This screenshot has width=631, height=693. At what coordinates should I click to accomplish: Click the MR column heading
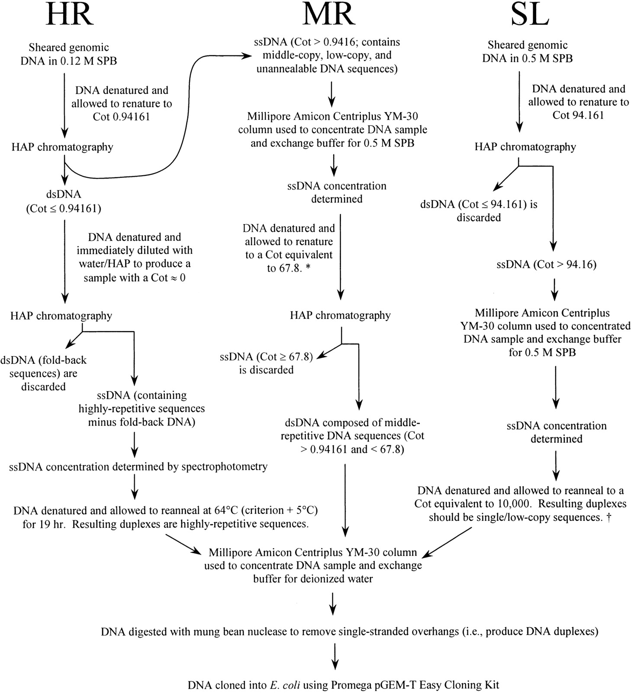click(x=329, y=15)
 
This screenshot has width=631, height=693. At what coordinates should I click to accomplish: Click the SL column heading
click(x=529, y=15)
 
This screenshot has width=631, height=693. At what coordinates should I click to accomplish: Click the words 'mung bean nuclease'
click(x=244, y=632)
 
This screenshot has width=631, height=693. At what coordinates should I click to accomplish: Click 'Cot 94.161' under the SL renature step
click(x=578, y=115)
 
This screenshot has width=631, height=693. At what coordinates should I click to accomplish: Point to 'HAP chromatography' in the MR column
click(x=340, y=315)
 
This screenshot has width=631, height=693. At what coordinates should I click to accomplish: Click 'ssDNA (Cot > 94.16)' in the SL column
click(x=547, y=264)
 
